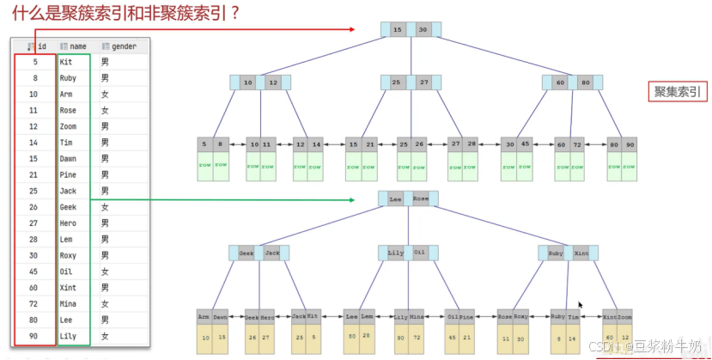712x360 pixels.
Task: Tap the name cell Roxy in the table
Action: point(68,256)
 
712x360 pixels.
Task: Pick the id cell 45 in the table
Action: point(34,272)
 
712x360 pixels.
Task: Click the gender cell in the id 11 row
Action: point(105,111)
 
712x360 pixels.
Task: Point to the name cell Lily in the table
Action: point(68,337)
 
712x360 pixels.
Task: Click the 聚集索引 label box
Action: point(678,92)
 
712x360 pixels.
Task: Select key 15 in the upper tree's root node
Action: point(397,30)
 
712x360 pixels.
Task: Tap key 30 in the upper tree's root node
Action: point(423,30)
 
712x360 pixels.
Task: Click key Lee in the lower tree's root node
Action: point(396,199)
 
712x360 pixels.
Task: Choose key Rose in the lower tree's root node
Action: point(421,199)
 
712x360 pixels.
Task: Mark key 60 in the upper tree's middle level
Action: point(561,82)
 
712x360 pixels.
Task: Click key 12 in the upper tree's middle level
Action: point(273,82)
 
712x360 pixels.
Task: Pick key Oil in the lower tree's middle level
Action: point(419,253)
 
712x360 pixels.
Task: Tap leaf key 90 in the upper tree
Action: point(631,144)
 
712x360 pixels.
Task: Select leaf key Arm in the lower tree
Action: point(204,316)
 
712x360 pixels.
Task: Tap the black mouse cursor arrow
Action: point(581,305)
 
